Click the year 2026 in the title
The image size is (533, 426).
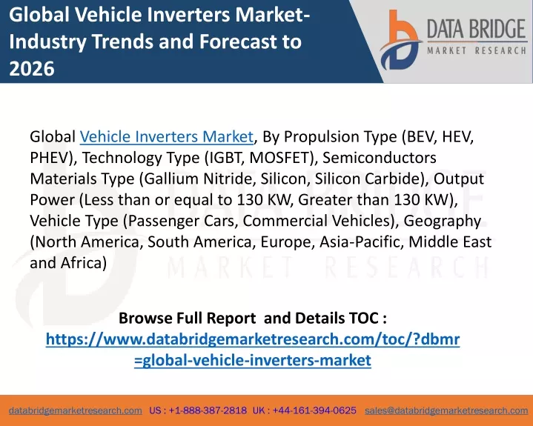coord(32,68)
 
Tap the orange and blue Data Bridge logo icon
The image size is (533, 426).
coord(400,40)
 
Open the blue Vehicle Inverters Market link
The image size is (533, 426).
coord(167,136)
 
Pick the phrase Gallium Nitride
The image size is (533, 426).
coord(199,179)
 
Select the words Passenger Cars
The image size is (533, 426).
coord(182,221)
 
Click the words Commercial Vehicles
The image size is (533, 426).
coord(317,221)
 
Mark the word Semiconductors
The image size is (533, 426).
coord(380,158)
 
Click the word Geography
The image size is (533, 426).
coord(443,222)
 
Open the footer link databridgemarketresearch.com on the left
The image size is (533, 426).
coord(76,410)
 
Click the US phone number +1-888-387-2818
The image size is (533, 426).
coord(208,410)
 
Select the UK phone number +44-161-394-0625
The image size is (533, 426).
coord(314,410)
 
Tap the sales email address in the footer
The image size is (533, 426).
coord(446,410)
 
